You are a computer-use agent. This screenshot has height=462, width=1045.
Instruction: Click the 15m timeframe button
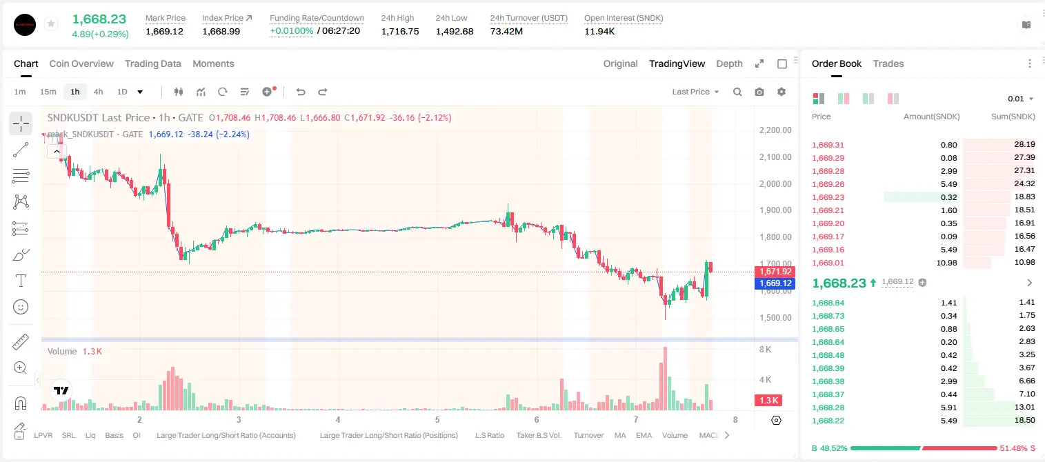[x=48, y=92]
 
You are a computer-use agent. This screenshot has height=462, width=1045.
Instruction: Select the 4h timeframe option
[x=98, y=92]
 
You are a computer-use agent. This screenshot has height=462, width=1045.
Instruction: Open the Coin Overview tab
[x=81, y=63]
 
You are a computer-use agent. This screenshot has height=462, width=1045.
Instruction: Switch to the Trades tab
[x=888, y=63]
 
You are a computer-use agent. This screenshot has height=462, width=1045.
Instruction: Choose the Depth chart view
[x=729, y=63]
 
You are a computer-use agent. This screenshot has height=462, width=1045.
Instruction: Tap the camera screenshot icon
[x=759, y=92]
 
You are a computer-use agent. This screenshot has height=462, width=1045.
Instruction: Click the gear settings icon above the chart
[x=782, y=92]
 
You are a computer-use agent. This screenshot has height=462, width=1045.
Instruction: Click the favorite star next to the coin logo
[x=51, y=23]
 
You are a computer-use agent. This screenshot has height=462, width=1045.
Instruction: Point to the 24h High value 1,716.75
[x=400, y=31]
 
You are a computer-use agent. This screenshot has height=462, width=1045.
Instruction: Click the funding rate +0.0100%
[x=292, y=31]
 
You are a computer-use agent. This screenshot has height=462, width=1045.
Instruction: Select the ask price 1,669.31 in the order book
[x=828, y=145]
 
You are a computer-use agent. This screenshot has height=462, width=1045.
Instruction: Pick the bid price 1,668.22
[x=828, y=421]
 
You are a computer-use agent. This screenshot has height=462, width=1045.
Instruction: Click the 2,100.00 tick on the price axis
[x=775, y=157]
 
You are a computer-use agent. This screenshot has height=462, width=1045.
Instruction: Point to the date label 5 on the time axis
[x=437, y=419]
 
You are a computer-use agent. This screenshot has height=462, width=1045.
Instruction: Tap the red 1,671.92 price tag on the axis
[x=775, y=271]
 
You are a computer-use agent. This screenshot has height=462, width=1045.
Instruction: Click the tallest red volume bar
[x=665, y=379]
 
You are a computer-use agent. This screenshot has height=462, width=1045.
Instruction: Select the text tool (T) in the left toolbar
[x=21, y=281]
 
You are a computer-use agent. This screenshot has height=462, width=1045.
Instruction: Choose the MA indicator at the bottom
[x=620, y=435]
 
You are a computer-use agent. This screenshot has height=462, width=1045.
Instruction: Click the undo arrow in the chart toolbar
[x=301, y=92]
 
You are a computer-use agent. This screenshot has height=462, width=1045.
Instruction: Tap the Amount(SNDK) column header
[x=932, y=117]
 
